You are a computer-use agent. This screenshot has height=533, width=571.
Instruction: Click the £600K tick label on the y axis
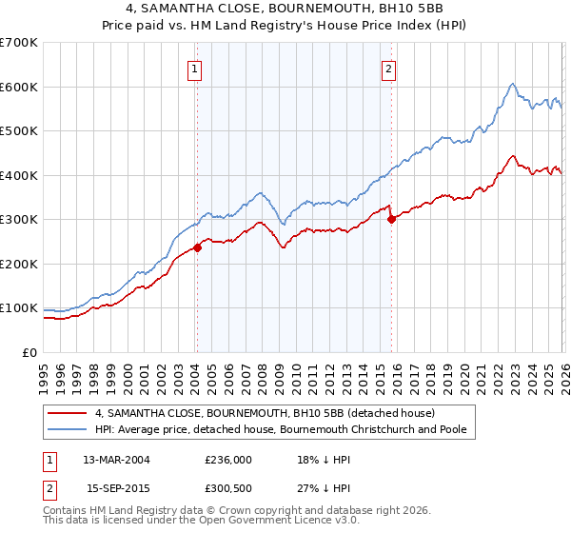[19, 87]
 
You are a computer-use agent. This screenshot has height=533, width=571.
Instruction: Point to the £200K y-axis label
[19, 264]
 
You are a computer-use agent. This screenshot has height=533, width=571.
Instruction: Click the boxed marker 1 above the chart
[194, 69]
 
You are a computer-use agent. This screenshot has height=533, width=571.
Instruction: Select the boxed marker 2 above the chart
[390, 69]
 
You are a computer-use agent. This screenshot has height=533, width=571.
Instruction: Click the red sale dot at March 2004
[197, 247]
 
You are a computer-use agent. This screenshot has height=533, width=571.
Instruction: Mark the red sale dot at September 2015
[391, 219]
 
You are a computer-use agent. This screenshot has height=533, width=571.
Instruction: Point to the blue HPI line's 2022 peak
[512, 84]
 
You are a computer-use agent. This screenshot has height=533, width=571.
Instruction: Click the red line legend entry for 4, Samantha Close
[265, 413]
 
